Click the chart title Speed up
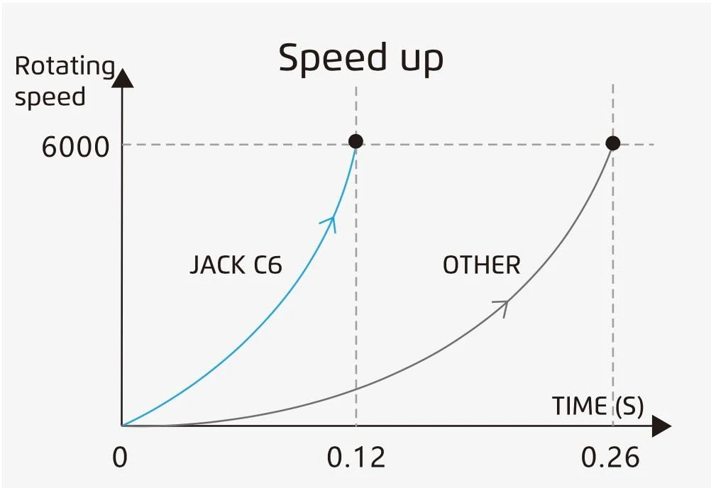coord(360,58)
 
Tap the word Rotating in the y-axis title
coord(65,66)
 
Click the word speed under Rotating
coord(50,97)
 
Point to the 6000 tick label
coord(76,148)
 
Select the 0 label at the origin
coord(120,457)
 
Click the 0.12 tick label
coord(356,457)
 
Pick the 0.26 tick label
coord(610,457)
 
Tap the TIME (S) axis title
coord(597,406)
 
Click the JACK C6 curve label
coord(236,265)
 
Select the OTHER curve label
coord(481,265)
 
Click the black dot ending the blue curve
coord(355,141)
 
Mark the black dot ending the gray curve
coord(613,143)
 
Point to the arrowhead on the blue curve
coord(330,221)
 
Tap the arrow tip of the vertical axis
coord(123,77)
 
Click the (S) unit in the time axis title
coord(627,406)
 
